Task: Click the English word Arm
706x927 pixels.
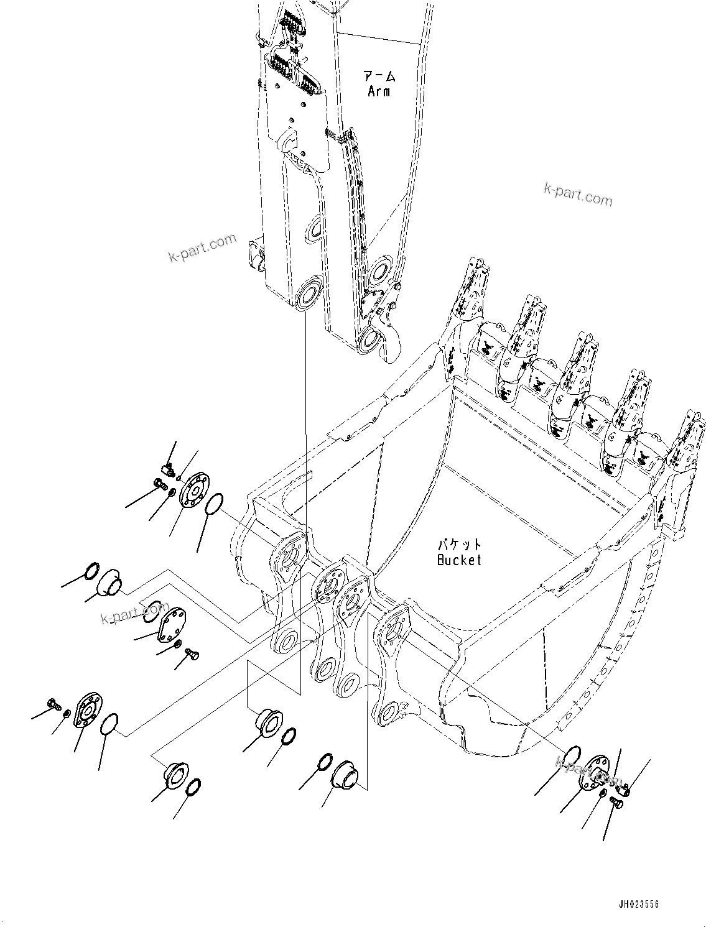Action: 378,91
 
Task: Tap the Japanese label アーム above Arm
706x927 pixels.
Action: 379,76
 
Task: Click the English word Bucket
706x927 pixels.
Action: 459,560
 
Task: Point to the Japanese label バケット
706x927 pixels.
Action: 459,545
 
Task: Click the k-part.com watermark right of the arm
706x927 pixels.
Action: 578,195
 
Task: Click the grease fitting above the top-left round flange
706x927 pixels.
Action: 166,468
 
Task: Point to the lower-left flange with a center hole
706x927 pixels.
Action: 88,710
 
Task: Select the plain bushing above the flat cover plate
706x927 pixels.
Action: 109,581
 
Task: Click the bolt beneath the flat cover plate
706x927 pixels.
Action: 192,653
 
